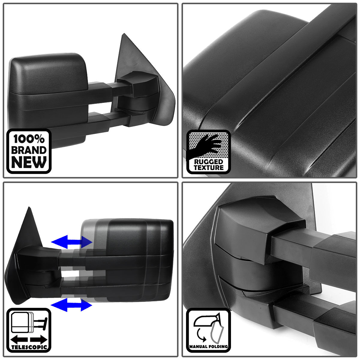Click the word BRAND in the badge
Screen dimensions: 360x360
tap(29, 150)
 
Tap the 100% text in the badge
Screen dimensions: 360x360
tap(29, 139)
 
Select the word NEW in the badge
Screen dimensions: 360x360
tap(29, 162)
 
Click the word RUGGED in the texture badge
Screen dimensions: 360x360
tap(208, 162)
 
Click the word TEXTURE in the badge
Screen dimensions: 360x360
tap(208, 168)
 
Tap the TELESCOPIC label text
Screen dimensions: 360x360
tap(29, 347)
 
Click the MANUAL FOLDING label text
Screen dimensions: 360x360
tap(208, 347)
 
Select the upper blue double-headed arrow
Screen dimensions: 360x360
tap(71, 241)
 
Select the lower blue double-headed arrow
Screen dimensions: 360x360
tap(71, 305)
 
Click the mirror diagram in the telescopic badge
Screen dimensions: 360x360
tap(27, 322)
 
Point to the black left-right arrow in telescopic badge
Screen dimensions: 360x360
tap(29, 340)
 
